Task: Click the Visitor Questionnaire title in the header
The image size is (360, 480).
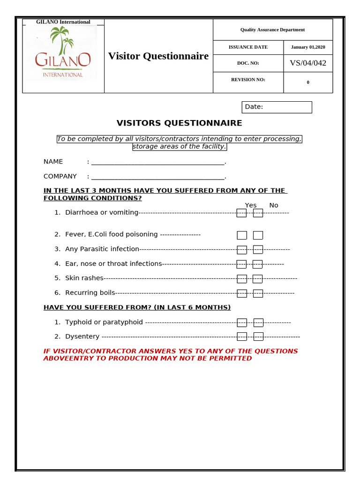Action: click(158, 56)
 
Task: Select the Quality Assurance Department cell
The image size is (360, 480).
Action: click(272, 30)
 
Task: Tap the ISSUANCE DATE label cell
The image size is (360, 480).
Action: click(248, 47)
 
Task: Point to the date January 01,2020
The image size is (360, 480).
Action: click(308, 47)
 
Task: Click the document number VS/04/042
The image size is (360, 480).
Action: click(308, 63)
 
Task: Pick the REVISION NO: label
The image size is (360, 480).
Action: click(248, 80)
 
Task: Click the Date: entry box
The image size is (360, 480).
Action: click(277, 107)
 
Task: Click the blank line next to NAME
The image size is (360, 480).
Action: click(158, 162)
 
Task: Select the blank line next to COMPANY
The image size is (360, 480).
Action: click(158, 177)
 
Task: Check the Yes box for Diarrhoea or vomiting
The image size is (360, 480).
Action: click(241, 213)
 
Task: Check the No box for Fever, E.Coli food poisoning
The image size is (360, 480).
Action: click(258, 235)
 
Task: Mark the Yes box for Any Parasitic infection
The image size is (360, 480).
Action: click(241, 250)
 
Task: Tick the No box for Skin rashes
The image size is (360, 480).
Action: click(257, 279)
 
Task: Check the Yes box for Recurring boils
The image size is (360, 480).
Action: click(241, 293)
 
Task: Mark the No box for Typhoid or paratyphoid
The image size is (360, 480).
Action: click(258, 322)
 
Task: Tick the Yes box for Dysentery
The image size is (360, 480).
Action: click(241, 337)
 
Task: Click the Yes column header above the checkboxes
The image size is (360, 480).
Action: click(251, 205)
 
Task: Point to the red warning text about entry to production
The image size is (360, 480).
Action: click(171, 355)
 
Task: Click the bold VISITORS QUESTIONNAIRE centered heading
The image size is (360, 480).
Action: click(180, 123)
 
